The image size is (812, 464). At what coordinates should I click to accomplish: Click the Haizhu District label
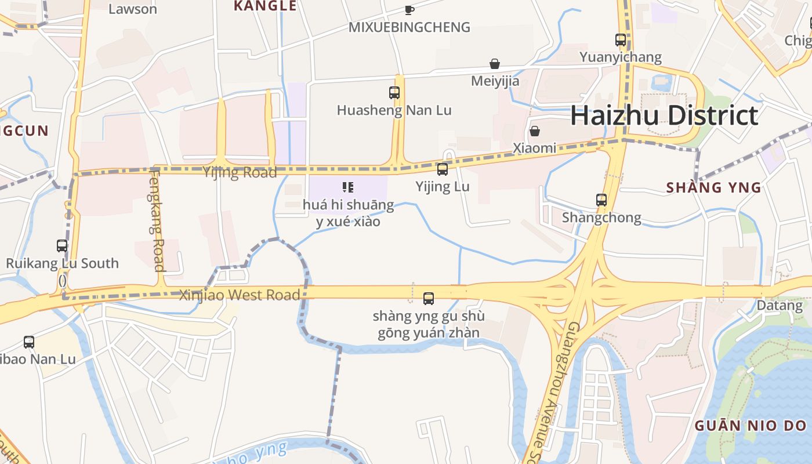[x=664, y=115]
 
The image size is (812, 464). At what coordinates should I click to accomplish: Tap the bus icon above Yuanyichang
[x=621, y=40]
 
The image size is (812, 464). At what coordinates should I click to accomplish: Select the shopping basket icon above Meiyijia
[x=495, y=63]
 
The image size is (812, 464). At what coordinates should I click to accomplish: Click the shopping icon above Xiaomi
[x=535, y=131]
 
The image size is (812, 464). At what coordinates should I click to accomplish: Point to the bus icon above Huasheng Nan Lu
[x=394, y=92]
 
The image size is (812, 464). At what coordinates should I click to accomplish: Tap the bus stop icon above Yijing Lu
[x=443, y=169]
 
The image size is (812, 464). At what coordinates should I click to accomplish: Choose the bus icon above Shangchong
[x=601, y=200]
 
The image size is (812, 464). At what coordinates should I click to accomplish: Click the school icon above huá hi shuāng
[x=348, y=187]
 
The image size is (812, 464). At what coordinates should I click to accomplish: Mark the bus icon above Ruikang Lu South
[x=62, y=246]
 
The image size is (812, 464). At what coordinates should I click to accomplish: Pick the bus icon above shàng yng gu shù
[x=429, y=299]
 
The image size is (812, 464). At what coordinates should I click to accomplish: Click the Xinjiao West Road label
[x=240, y=295]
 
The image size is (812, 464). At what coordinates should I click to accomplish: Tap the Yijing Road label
[x=240, y=172]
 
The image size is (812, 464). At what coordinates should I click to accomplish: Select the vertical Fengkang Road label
[x=157, y=219]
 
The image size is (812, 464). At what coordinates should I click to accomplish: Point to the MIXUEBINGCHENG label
[x=409, y=27]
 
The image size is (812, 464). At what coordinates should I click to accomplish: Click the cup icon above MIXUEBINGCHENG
[x=409, y=10]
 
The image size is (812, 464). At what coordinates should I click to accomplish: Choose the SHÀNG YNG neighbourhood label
[x=713, y=187]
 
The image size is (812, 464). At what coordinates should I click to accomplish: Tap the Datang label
[x=780, y=305]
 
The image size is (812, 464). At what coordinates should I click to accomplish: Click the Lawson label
[x=133, y=9]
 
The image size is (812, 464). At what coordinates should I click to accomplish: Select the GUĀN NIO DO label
[x=751, y=426]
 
